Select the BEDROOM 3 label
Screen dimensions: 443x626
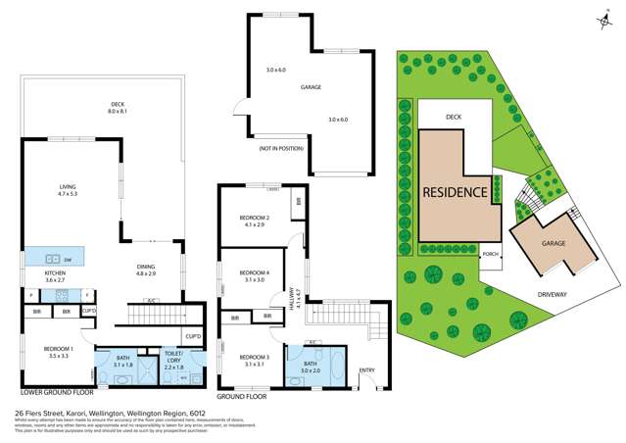tap(254, 356)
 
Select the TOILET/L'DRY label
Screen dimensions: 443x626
tap(174, 360)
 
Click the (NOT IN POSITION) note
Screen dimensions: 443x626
tap(279, 147)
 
